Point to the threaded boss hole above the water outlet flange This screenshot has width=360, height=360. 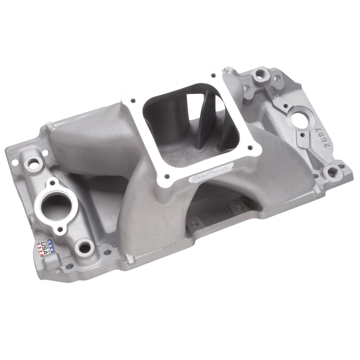pyautogui.click(x=34, y=164)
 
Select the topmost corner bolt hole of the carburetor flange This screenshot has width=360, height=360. pyautogui.click(x=226, y=73)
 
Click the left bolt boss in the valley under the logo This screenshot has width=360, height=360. pyautogui.click(x=194, y=225)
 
